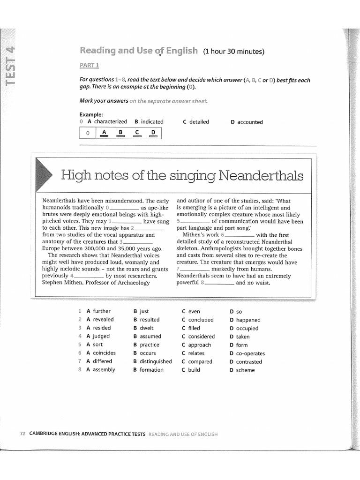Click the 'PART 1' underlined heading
(89, 65)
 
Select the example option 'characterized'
(110, 122)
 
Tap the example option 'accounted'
(250, 122)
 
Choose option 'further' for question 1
(102, 311)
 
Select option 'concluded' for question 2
(201, 320)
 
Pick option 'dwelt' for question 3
(146, 328)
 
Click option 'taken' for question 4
(243, 337)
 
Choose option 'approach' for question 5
(199, 345)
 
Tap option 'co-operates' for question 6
(250, 353)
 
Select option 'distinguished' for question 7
(156, 361)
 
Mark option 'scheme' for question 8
(245, 370)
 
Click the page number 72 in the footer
(22, 434)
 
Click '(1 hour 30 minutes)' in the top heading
(234, 52)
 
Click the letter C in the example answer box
(136, 133)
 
